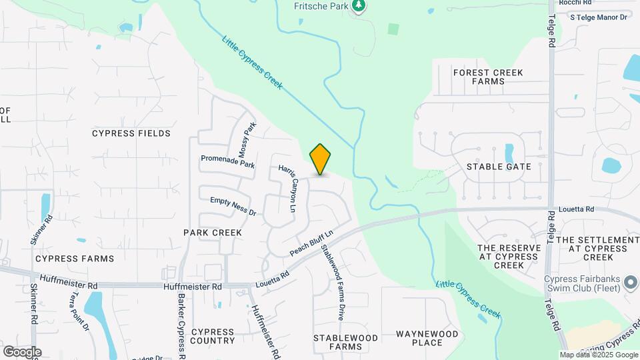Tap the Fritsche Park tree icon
point(359,6)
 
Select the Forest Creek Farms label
point(488,77)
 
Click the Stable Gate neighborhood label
point(499,167)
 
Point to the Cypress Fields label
point(131,133)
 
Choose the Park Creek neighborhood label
point(213,233)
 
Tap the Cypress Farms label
point(75,258)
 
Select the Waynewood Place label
point(427,338)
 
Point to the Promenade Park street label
point(228,161)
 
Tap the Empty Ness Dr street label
point(233,205)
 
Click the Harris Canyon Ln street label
point(288,188)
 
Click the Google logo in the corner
point(22,351)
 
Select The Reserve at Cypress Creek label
point(509,257)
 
